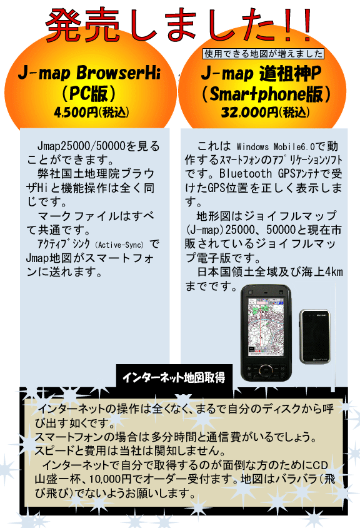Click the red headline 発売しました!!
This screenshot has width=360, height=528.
point(179,24)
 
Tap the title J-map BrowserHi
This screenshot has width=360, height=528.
point(89,73)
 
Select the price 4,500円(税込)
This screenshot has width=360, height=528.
point(91,112)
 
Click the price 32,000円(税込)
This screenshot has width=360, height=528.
point(265,112)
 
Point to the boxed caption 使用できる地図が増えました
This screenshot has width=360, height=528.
point(263,54)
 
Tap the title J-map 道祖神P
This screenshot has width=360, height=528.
point(261,73)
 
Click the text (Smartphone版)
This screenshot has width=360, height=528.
point(266,94)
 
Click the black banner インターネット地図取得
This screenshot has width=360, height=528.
point(174,377)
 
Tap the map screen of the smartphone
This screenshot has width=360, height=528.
point(265,327)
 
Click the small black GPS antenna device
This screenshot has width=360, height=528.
point(315,337)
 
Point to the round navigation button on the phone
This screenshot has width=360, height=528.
point(266,371)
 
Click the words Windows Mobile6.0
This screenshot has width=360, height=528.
point(276,147)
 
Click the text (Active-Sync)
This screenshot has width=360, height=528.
point(119,245)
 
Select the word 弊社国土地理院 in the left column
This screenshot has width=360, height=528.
point(78,173)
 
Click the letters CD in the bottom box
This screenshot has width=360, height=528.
point(320,465)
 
